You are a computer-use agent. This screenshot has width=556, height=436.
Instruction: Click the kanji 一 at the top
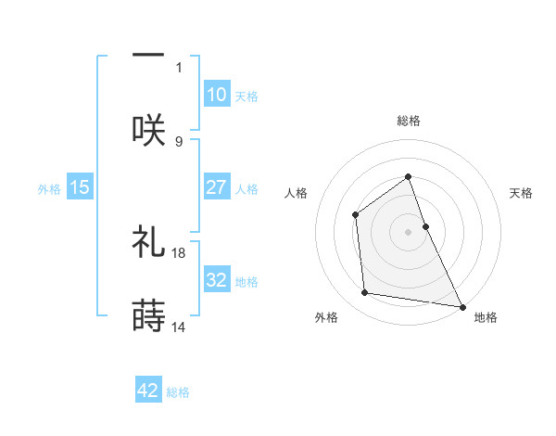[148, 55]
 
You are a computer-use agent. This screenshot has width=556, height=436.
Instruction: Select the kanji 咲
[148, 129]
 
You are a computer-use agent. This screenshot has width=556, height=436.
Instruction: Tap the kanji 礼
[148, 241]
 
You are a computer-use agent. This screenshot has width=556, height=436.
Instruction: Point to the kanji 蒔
[148, 315]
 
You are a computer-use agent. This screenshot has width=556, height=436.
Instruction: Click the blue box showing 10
[216, 95]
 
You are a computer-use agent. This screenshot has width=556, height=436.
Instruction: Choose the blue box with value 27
[216, 187]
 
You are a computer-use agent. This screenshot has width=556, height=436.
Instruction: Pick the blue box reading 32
[216, 280]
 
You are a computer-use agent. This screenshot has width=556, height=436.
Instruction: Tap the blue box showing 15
[80, 187]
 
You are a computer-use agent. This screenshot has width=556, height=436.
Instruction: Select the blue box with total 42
[148, 391]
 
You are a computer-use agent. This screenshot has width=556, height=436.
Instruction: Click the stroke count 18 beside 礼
[180, 252]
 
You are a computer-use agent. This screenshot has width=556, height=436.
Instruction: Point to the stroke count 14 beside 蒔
[180, 327]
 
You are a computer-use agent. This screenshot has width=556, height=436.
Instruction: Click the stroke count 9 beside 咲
[180, 141]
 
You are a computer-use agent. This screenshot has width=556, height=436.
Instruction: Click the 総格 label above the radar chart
[409, 121]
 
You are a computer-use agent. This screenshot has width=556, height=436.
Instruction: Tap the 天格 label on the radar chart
[522, 193]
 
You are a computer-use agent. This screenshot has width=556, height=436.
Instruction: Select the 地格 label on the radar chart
[486, 317]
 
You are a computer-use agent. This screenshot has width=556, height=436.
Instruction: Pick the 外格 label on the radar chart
[326, 317]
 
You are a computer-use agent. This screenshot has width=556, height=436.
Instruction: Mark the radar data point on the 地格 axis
[461, 306]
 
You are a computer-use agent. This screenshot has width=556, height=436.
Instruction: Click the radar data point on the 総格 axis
[409, 175]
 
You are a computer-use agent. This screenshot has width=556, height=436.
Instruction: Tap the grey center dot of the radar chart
[409, 231]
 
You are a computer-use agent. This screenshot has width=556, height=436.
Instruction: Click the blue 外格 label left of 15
[49, 188]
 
